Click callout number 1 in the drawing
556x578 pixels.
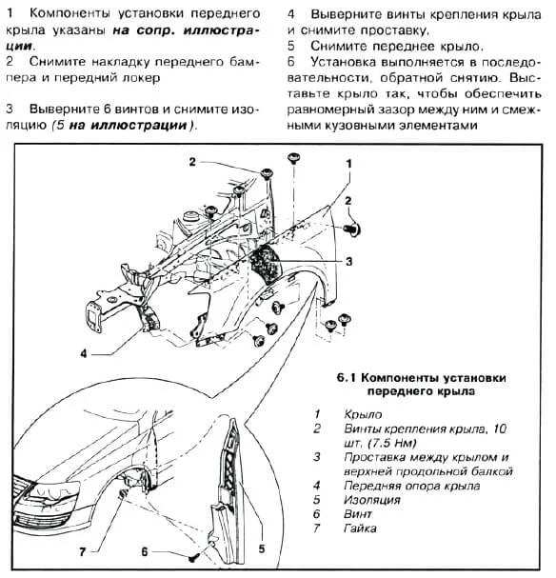[x=348, y=163]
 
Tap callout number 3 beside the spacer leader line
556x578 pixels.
[x=348, y=262]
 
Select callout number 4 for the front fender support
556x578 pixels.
[x=84, y=354]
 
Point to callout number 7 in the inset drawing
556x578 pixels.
[x=83, y=552]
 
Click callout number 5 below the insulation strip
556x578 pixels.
[x=261, y=548]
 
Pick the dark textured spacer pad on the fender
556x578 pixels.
[x=266, y=264]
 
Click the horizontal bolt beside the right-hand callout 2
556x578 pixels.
[x=352, y=229]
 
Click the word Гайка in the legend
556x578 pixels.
[x=360, y=528]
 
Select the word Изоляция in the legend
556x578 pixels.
[x=371, y=500]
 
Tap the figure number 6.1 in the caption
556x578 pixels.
[x=346, y=377]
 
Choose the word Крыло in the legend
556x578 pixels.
[x=363, y=414]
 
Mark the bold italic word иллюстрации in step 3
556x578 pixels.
[x=139, y=125]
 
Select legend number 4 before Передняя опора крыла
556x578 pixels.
[x=316, y=486]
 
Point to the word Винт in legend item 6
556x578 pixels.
[x=357, y=514]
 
